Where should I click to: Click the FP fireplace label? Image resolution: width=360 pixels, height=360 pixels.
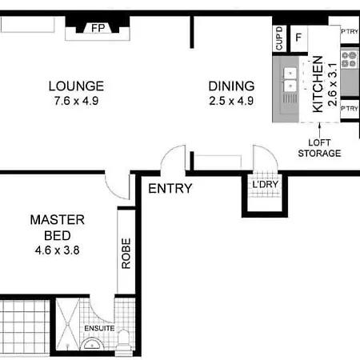click(x=98, y=28)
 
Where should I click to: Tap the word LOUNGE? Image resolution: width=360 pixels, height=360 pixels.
click(x=76, y=86)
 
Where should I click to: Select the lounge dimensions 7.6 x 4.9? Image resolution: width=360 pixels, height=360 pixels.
click(x=76, y=101)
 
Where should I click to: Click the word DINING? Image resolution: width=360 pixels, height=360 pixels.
click(x=231, y=86)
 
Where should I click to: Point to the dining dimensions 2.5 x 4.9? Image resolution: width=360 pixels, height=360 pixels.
click(x=231, y=101)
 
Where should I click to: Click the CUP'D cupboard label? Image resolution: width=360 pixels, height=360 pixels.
click(x=279, y=38)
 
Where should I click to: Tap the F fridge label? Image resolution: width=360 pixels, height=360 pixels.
click(x=298, y=38)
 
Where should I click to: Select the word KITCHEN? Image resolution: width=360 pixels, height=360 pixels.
click(x=318, y=84)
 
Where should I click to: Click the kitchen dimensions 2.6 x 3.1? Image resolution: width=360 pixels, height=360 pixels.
click(x=333, y=85)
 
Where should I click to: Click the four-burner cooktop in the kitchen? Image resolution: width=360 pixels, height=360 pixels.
click(x=350, y=59)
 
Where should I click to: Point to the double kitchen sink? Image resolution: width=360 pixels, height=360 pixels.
click(x=290, y=79)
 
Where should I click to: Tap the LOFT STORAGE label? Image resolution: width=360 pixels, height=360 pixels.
click(x=319, y=148)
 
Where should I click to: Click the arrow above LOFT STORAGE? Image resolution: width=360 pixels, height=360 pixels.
click(x=319, y=130)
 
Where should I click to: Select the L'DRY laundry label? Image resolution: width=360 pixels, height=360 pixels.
click(x=265, y=184)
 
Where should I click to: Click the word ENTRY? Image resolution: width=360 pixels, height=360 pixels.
click(x=170, y=189)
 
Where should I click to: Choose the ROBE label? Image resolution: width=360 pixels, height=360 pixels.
click(x=126, y=254)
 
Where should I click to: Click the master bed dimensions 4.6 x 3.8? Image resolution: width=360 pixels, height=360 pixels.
click(x=57, y=250)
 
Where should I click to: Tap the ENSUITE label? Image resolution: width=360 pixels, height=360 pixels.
click(x=99, y=328)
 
